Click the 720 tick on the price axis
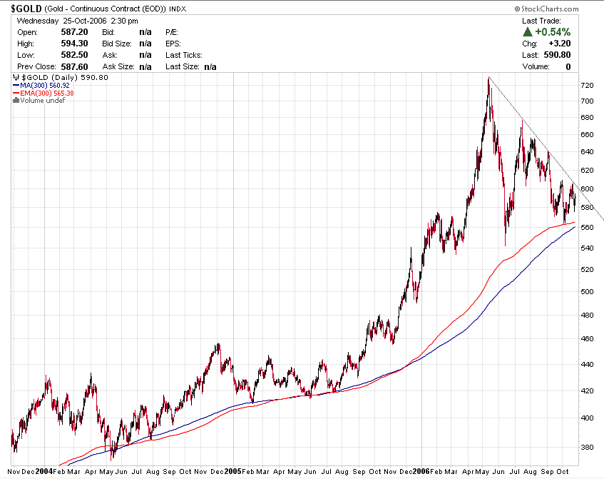(x=587, y=85)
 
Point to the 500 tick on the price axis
(x=587, y=291)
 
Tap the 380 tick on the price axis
(x=587, y=448)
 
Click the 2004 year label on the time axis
(x=43, y=472)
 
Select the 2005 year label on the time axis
(x=233, y=472)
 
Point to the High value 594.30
(x=77, y=44)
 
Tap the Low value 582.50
(x=77, y=55)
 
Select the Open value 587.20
(x=77, y=32)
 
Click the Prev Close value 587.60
(x=77, y=66)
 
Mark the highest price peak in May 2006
(x=488, y=78)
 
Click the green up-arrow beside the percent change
(x=527, y=32)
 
